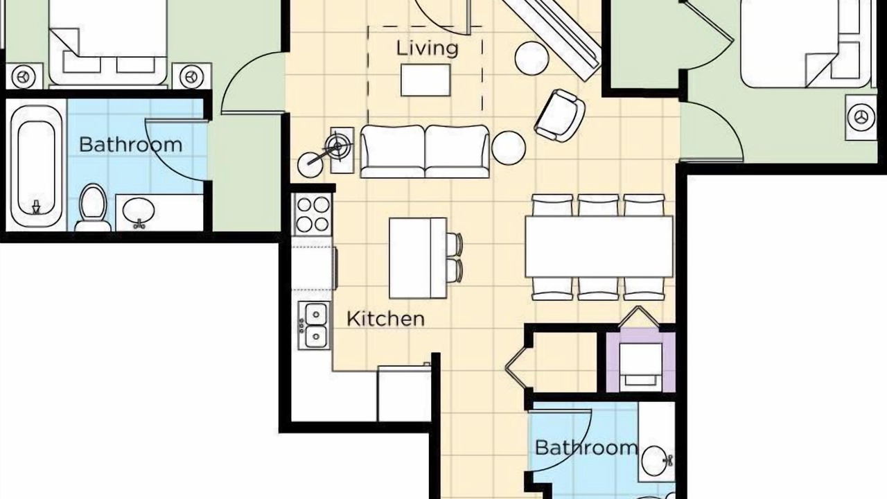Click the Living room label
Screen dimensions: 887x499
point(428,49)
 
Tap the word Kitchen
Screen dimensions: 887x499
point(385,319)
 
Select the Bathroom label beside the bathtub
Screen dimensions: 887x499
point(131,145)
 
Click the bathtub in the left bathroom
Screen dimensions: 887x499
point(36,163)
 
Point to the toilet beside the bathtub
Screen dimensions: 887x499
point(93,207)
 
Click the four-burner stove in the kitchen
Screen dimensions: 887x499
point(313,215)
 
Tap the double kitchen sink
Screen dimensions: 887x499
point(315,326)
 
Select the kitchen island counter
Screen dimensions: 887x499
point(418,258)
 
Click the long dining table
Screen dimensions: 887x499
point(599,246)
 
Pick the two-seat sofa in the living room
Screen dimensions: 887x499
point(425,152)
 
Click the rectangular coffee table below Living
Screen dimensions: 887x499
point(425,80)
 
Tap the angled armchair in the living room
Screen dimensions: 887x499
point(559,116)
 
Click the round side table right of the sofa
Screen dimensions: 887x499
point(509,148)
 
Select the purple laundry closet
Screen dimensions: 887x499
point(641,362)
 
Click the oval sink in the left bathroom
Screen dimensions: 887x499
point(139,211)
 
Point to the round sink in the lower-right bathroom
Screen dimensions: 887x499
point(654,461)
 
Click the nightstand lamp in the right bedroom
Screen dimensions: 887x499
point(860,117)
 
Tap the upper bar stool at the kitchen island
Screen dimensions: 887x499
point(455,245)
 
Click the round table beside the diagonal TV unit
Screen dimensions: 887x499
point(532,58)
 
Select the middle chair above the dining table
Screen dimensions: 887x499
point(598,205)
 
